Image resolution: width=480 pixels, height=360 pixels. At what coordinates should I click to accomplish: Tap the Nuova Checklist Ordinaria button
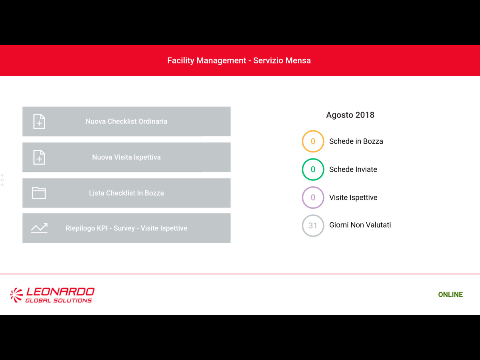pos(126,121)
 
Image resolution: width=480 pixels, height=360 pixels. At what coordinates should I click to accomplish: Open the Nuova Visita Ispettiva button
pos(126,157)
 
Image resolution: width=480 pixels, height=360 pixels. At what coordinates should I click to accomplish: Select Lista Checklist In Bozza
pos(126,193)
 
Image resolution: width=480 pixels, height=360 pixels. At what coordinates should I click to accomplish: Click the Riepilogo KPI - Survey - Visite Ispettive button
pos(126,228)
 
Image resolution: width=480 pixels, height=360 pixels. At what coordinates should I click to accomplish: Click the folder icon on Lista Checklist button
pos(39,193)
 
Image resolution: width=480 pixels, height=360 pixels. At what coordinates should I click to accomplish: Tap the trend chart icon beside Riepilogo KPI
pos(39,228)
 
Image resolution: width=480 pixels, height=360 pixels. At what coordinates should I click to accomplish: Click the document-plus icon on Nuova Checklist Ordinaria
pos(39,121)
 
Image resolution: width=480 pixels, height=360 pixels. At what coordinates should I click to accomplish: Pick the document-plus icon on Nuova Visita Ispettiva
pos(39,157)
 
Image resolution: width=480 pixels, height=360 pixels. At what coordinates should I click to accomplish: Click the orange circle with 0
pos(313,131)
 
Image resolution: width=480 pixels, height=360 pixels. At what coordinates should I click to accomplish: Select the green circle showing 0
pos(313,159)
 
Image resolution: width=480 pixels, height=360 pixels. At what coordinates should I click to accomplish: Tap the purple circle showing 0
pos(313,187)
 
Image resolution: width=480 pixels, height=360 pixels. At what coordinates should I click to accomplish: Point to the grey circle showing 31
pos(313,215)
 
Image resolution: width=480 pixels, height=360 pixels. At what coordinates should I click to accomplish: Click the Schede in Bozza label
pos(356,141)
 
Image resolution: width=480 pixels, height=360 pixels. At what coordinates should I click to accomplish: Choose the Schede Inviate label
pos(353,169)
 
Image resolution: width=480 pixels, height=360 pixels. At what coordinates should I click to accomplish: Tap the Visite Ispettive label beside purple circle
pos(353,198)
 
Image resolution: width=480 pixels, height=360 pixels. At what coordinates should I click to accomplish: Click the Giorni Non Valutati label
pos(360,225)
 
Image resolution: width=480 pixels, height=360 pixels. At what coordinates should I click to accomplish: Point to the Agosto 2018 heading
pos(350,115)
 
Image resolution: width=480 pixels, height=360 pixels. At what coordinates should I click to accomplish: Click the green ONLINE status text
pos(450,294)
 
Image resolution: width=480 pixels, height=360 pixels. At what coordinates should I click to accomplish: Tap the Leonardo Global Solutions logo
pos(52,295)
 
